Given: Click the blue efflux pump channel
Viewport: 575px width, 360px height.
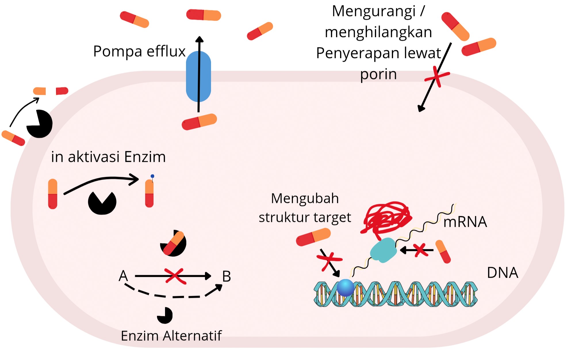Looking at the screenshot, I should [198, 76].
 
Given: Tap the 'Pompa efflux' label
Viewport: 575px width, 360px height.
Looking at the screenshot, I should [139, 51].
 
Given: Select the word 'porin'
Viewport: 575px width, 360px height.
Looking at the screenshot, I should [378, 74].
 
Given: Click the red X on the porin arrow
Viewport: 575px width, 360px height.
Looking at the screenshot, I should [437, 76].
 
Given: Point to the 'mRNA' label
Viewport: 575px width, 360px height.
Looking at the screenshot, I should [465, 222].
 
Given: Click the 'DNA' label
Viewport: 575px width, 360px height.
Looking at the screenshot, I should [503, 273].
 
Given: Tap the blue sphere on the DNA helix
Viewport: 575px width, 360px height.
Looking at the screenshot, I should [345, 287].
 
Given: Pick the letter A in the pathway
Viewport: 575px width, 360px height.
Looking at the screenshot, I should [123, 276].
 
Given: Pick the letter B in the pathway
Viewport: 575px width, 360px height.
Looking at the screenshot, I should [227, 277].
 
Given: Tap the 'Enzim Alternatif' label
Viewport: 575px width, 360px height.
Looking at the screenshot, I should [171, 336].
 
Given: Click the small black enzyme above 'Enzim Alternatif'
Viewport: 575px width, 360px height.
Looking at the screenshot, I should [165, 315].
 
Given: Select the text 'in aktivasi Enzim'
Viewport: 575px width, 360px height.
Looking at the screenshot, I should [108, 157].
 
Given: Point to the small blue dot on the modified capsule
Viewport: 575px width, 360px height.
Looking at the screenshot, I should [152, 176].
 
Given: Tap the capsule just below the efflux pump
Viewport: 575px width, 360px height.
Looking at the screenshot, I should [199, 122].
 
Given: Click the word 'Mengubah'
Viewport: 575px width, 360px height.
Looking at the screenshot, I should [305, 198].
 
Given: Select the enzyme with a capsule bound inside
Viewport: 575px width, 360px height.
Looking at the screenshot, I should [173, 243].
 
